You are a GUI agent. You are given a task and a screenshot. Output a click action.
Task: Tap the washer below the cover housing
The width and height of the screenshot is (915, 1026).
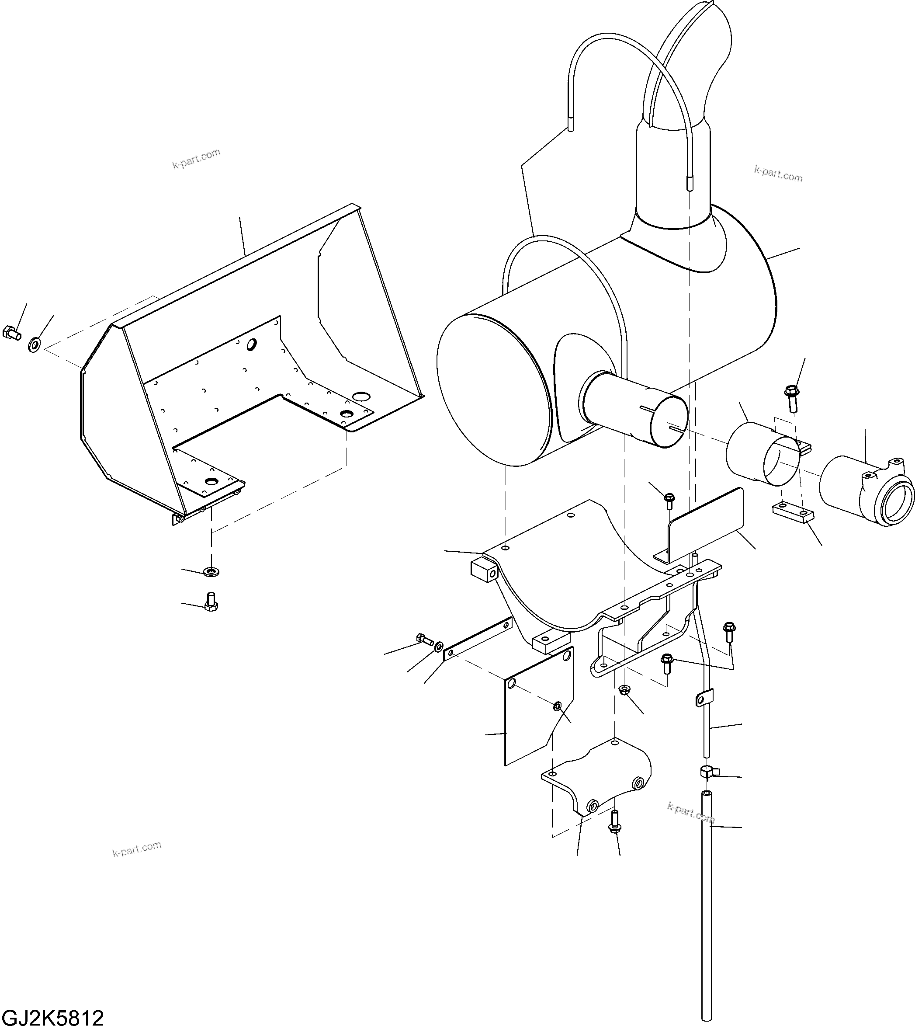click(211, 572)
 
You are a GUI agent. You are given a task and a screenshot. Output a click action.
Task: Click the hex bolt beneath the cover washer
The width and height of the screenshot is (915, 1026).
click(211, 602)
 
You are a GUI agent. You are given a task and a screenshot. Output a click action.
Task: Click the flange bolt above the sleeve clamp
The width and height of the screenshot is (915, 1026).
click(791, 398)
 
